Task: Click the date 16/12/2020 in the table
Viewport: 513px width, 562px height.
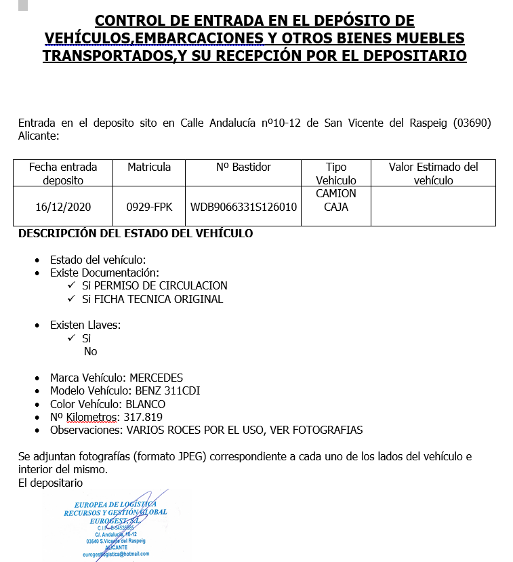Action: point(63,207)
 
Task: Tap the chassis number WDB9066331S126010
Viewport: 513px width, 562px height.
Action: point(244,207)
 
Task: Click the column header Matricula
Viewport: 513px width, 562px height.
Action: point(149,167)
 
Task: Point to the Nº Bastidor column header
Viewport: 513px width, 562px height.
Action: point(243,167)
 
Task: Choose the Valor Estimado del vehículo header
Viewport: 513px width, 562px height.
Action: point(433,174)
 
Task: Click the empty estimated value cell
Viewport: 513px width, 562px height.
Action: point(433,207)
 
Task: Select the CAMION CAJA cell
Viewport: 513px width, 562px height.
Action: point(335,200)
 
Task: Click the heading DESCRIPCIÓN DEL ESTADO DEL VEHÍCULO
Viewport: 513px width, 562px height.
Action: point(136,234)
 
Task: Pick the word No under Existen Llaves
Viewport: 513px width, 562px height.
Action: point(90,351)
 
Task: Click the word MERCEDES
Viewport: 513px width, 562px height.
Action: point(157,378)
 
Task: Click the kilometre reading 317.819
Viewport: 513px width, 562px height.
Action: point(143,417)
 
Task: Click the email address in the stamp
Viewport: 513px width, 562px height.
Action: point(115,554)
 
